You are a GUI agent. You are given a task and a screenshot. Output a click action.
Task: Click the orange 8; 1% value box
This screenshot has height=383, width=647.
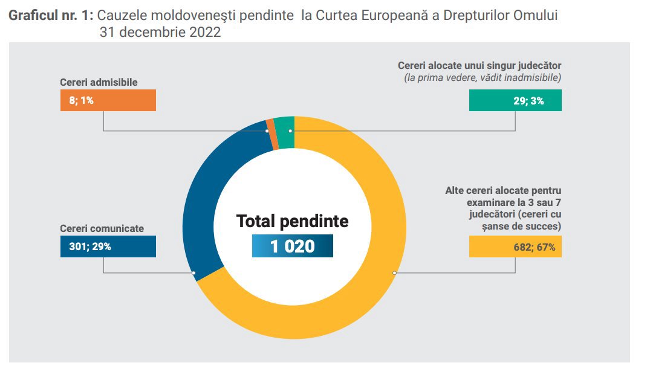(108, 100)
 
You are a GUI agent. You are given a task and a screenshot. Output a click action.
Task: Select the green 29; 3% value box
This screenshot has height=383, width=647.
(515, 100)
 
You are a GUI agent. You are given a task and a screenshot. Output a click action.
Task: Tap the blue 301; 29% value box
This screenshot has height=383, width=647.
(108, 246)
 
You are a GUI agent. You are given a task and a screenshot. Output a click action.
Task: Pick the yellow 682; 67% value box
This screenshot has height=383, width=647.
(515, 246)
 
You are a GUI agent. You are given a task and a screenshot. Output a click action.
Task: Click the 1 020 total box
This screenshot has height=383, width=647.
(293, 246)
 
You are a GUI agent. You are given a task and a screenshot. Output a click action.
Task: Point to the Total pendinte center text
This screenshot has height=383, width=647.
(293, 221)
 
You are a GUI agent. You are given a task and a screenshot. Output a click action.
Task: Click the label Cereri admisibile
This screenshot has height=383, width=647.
(99, 82)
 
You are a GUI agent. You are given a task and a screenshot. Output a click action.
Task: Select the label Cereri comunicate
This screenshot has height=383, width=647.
(102, 228)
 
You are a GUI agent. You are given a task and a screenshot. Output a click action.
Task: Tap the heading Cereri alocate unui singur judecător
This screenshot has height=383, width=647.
(480, 65)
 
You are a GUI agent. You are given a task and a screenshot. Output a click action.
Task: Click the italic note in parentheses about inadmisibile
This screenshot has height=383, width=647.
(483, 77)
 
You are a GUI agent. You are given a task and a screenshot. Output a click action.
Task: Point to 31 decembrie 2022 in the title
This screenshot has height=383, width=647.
(160, 33)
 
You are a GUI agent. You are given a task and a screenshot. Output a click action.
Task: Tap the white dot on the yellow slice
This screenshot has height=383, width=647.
(394, 273)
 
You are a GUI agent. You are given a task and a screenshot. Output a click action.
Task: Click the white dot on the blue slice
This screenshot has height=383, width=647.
(193, 273)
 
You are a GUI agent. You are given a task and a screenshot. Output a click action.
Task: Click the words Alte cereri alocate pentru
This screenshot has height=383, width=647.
(503, 190)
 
